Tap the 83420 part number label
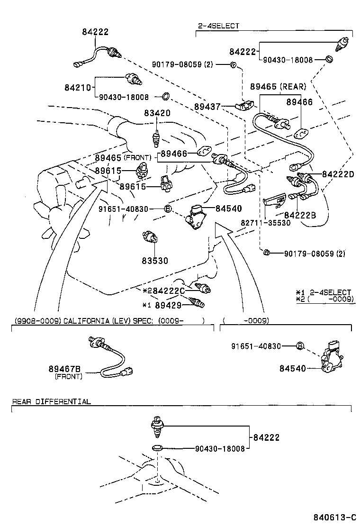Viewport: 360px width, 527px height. tap(158, 113)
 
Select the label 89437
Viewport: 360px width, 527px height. tap(207, 108)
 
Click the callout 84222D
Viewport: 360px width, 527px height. tap(339, 174)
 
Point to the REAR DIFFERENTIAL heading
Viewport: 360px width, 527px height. tap(51, 401)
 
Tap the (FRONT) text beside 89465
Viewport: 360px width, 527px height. tap(137, 157)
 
